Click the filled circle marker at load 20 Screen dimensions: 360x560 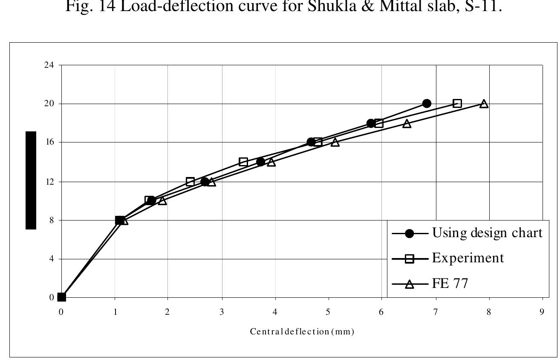(x=427, y=103)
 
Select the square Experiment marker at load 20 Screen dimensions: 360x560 (x=457, y=103)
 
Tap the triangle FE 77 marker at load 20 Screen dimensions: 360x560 (x=484, y=104)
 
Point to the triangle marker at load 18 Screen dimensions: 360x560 (x=407, y=124)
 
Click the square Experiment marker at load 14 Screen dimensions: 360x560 (x=243, y=162)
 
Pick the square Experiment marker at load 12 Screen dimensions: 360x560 (x=190, y=181)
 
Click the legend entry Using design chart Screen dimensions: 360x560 (x=487, y=233)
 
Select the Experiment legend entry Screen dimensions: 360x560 (x=468, y=258)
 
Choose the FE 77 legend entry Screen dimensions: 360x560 (x=450, y=283)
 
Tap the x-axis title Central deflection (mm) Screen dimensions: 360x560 (x=302, y=331)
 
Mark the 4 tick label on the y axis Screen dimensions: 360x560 (x=51, y=259)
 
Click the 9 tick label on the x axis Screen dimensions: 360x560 (x=542, y=312)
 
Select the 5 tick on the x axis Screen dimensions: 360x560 (x=328, y=312)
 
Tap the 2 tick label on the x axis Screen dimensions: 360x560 (x=167, y=312)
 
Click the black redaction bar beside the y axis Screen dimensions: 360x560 (x=31, y=180)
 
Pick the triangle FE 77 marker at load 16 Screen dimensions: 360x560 (x=335, y=142)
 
